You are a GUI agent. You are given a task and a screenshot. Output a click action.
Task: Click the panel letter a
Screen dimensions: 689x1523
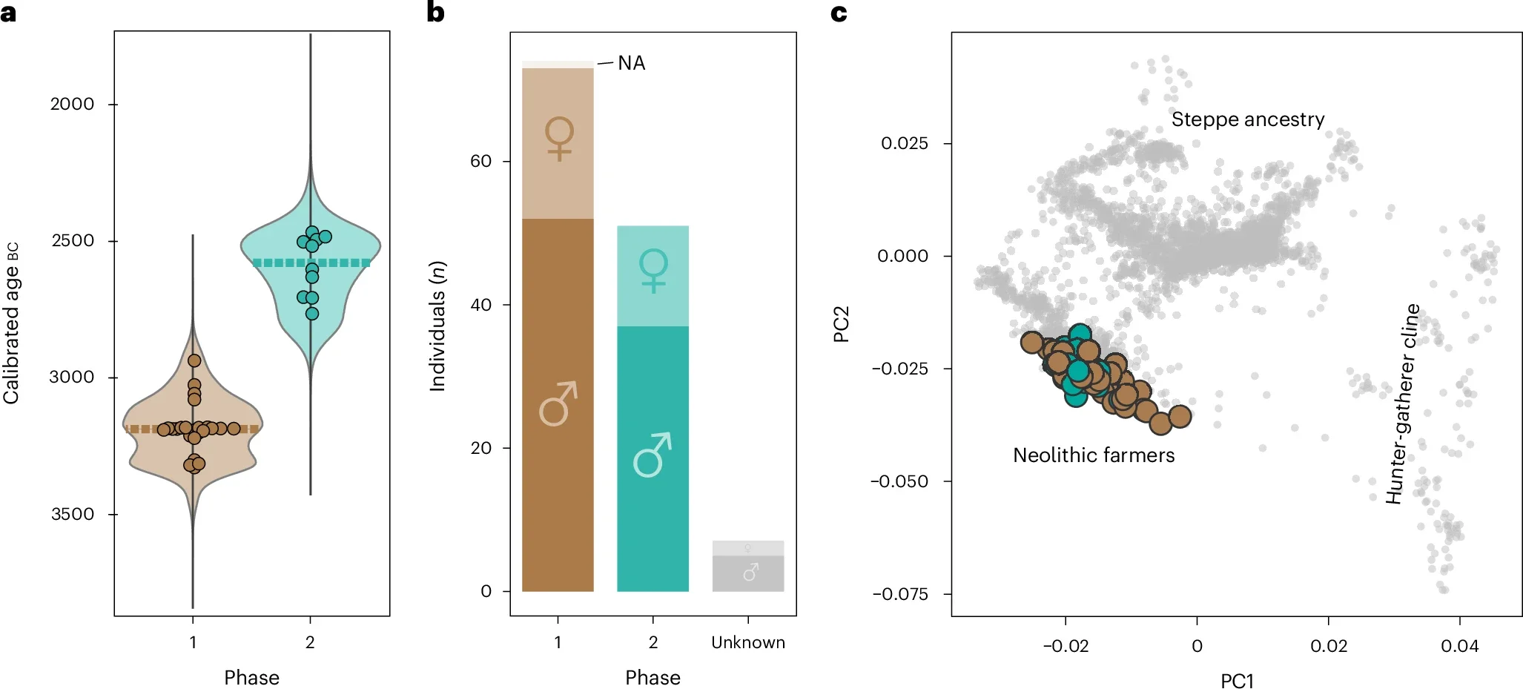pyautogui.click(x=8, y=13)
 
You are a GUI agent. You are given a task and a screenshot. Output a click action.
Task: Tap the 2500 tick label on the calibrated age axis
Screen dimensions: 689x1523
pyautogui.click(x=73, y=241)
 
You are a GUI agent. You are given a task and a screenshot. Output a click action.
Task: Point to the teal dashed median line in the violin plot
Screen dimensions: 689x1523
pyautogui.click(x=341, y=263)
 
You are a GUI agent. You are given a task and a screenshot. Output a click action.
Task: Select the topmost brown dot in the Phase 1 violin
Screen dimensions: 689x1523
pyautogui.click(x=194, y=360)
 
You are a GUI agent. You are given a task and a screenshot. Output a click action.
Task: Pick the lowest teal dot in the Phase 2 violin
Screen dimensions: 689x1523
pyautogui.click(x=312, y=314)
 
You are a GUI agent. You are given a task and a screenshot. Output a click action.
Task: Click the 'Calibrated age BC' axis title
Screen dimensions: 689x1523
pyautogui.click(x=11, y=323)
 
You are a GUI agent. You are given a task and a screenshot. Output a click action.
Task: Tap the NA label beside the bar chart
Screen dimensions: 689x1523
pyautogui.click(x=631, y=63)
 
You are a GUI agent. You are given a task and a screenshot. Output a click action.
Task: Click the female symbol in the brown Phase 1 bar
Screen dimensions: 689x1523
pyautogui.click(x=559, y=138)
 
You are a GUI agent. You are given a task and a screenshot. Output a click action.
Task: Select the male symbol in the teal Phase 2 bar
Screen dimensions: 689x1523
pyautogui.click(x=653, y=454)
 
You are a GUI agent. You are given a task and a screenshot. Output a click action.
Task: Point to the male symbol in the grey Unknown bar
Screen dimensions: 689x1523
pyautogui.click(x=750, y=572)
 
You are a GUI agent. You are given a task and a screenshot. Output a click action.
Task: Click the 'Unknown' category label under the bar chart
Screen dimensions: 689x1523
pyautogui.click(x=747, y=642)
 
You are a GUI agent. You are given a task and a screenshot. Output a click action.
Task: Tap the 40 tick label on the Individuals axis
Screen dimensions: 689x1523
pyautogui.click(x=480, y=305)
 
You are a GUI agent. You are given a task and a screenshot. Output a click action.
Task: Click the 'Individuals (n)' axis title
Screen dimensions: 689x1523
pyautogui.click(x=437, y=326)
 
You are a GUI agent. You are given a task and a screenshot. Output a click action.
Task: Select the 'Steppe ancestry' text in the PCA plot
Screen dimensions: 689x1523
pyautogui.click(x=1247, y=119)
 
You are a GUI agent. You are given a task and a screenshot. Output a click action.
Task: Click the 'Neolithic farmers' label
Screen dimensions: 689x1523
pyautogui.click(x=1093, y=455)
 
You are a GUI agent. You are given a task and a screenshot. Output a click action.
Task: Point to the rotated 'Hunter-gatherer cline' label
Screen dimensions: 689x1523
pyautogui.click(x=1402, y=404)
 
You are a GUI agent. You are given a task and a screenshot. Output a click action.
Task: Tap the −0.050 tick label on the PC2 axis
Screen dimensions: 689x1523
pyautogui.click(x=899, y=481)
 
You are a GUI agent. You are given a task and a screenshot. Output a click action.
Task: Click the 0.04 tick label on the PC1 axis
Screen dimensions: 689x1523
pyautogui.click(x=1459, y=646)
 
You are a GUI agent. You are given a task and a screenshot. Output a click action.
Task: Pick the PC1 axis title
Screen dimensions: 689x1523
pyautogui.click(x=1236, y=680)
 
